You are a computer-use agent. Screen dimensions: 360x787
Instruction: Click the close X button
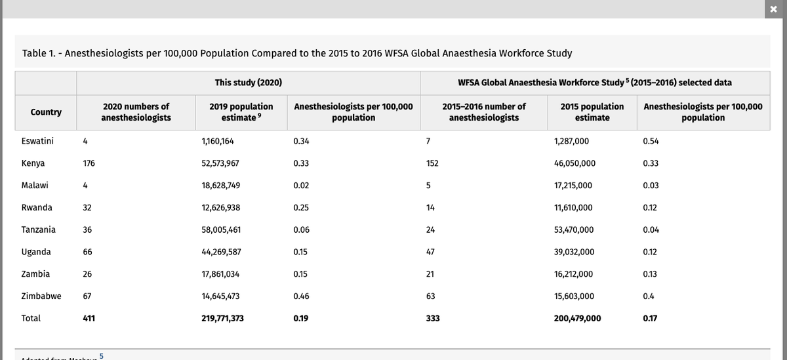(776, 7)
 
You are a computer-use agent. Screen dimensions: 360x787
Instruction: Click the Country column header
(46, 112)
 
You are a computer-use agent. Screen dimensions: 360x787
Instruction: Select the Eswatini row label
(37, 141)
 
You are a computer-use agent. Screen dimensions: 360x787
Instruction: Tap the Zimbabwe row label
(41, 296)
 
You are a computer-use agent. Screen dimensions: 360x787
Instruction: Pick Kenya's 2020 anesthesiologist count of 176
(89, 163)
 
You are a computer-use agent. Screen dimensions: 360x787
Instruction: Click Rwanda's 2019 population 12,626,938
(220, 208)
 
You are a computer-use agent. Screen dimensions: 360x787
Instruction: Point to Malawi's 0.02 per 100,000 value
(301, 186)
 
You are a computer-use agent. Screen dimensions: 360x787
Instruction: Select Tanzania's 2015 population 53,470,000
(574, 230)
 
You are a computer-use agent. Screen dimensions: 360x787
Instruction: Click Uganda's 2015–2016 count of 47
(431, 252)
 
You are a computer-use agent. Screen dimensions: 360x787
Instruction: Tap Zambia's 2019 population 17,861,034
(220, 274)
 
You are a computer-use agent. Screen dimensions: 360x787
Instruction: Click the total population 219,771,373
(223, 318)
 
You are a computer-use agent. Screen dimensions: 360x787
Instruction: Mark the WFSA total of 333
(432, 318)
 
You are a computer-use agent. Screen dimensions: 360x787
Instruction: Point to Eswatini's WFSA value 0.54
(651, 141)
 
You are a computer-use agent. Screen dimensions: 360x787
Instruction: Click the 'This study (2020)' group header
(248, 83)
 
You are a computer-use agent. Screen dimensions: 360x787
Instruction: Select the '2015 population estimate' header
(592, 111)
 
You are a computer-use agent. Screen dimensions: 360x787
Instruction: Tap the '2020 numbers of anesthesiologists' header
(136, 111)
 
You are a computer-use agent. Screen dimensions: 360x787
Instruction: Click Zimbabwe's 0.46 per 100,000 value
(301, 296)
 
